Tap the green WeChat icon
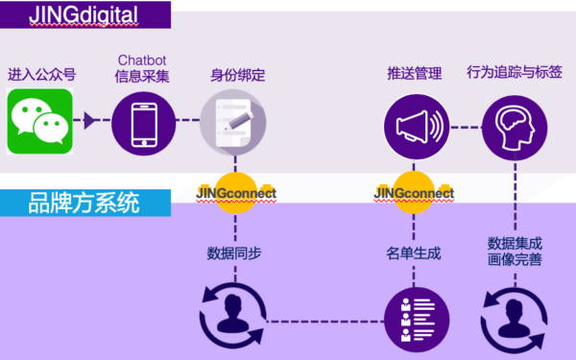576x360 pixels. [x=40, y=122]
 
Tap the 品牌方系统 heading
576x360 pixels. [x=84, y=204]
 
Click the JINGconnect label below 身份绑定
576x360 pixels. [x=235, y=193]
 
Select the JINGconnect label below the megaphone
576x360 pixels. [x=414, y=193]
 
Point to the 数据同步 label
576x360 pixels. [x=235, y=253]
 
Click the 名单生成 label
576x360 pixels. [x=414, y=253]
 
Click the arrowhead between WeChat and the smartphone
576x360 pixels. [x=91, y=121]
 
